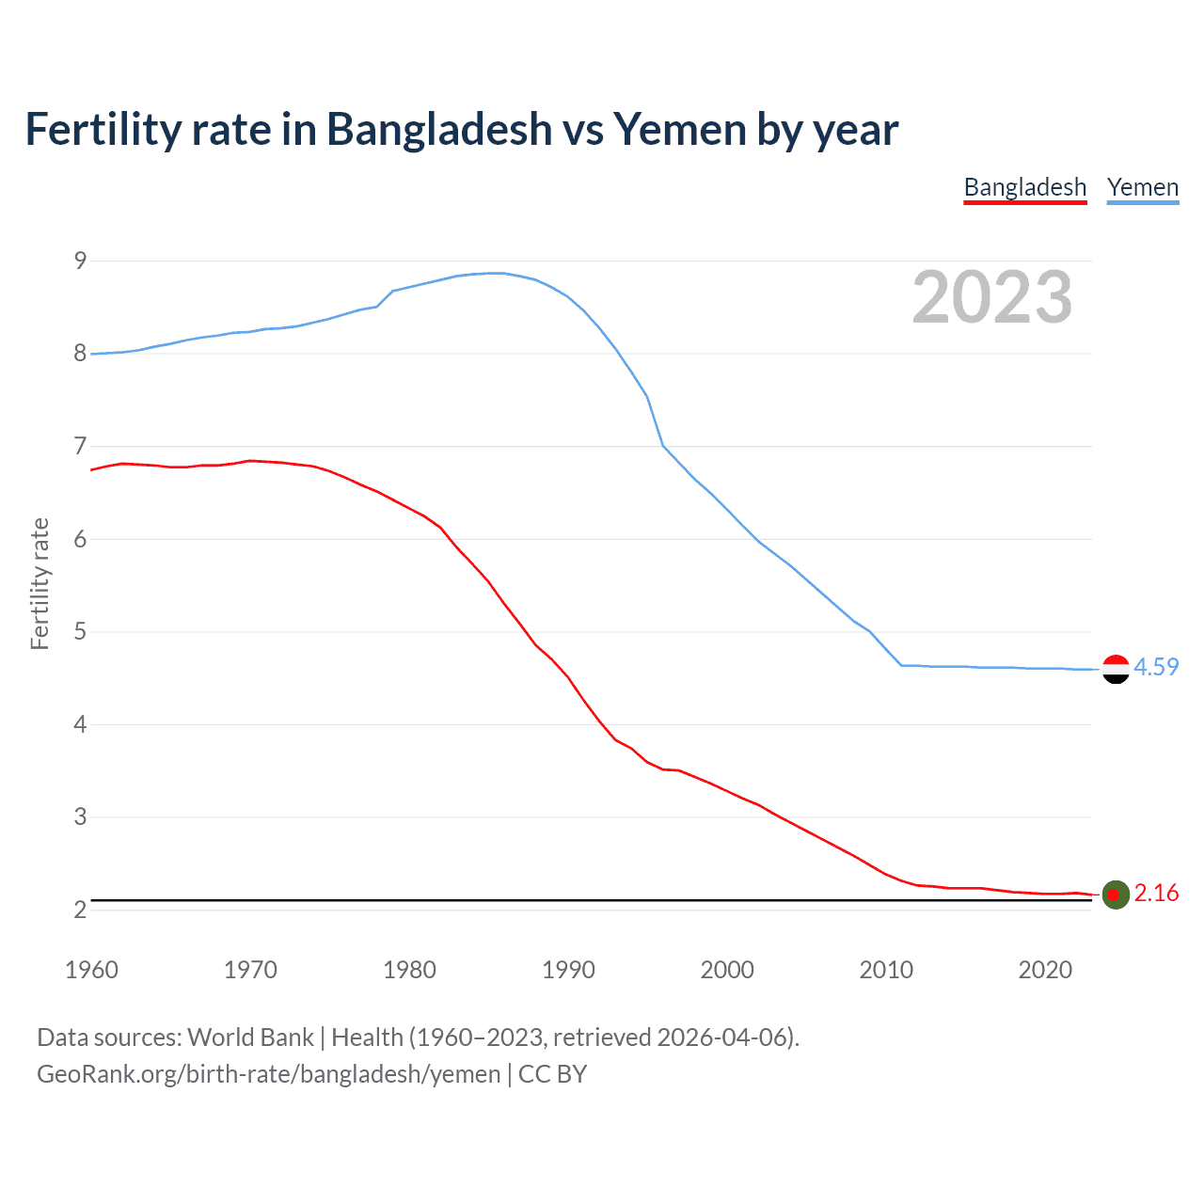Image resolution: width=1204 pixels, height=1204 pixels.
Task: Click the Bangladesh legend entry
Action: (1024, 187)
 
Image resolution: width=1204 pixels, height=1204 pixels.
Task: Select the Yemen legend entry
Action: (1142, 187)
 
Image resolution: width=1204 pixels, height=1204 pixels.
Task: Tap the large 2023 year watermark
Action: (991, 297)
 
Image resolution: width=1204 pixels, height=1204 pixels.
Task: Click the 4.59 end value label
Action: (1156, 667)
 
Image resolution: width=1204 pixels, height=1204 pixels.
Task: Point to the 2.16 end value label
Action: (1156, 893)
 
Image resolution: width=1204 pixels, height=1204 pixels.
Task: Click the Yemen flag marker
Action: (1116, 669)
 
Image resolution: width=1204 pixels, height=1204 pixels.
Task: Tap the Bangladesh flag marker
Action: (1116, 895)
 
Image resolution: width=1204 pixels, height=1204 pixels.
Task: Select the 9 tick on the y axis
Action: (80, 261)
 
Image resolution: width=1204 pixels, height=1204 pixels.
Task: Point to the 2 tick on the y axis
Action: (80, 910)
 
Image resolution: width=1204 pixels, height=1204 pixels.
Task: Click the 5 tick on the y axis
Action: (80, 631)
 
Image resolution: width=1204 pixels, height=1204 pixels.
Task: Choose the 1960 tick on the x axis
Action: (91, 970)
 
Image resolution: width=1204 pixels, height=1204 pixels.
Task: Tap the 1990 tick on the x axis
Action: (568, 970)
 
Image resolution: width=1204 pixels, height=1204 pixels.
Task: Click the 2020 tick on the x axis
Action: (1045, 970)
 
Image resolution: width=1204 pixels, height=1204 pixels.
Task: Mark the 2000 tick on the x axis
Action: (727, 970)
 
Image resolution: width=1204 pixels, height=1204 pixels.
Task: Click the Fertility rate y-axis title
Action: (40, 583)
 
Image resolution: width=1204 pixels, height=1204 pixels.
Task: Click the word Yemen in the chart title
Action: (679, 129)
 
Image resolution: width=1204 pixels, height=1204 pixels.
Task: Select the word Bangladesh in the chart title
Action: (439, 129)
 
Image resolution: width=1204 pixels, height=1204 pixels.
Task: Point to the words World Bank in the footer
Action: (250, 1038)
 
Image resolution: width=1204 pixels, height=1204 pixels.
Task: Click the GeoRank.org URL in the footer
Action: (269, 1074)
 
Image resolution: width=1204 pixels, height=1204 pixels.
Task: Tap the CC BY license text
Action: (553, 1074)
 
